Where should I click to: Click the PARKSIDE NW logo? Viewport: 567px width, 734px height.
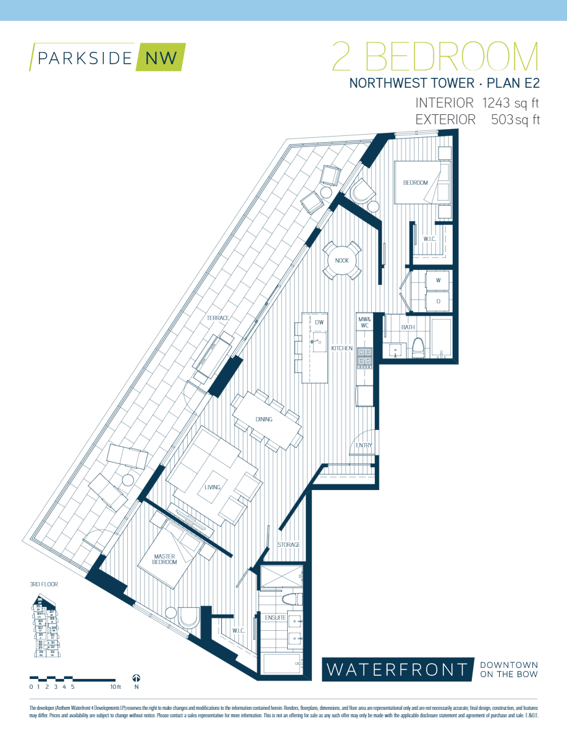coord(107,57)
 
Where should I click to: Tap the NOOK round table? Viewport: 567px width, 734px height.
coord(342,261)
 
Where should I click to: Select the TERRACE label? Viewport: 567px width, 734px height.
coord(218,318)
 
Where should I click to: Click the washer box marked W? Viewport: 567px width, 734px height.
coord(438,281)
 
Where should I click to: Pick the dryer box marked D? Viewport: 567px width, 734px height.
coord(438,301)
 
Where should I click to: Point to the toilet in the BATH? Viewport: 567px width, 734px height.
coord(418,348)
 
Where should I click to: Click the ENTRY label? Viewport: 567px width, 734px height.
coord(363,445)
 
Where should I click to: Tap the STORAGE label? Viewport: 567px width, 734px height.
coord(288,545)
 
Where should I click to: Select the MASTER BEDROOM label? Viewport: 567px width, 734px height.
coord(165,559)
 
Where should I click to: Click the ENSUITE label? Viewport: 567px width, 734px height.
coord(275,617)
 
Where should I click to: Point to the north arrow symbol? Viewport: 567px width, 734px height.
coord(136,678)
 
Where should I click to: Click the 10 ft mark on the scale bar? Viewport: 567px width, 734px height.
coord(114,686)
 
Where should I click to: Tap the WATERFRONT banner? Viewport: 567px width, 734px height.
coord(397,669)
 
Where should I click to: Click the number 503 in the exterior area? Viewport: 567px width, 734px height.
coord(503,120)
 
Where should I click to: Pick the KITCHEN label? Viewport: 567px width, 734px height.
coord(342,348)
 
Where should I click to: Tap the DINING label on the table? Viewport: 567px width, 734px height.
coord(264,420)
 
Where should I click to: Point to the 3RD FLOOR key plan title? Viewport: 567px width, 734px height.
coord(43,584)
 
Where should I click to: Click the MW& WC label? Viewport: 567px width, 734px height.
coord(363,323)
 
